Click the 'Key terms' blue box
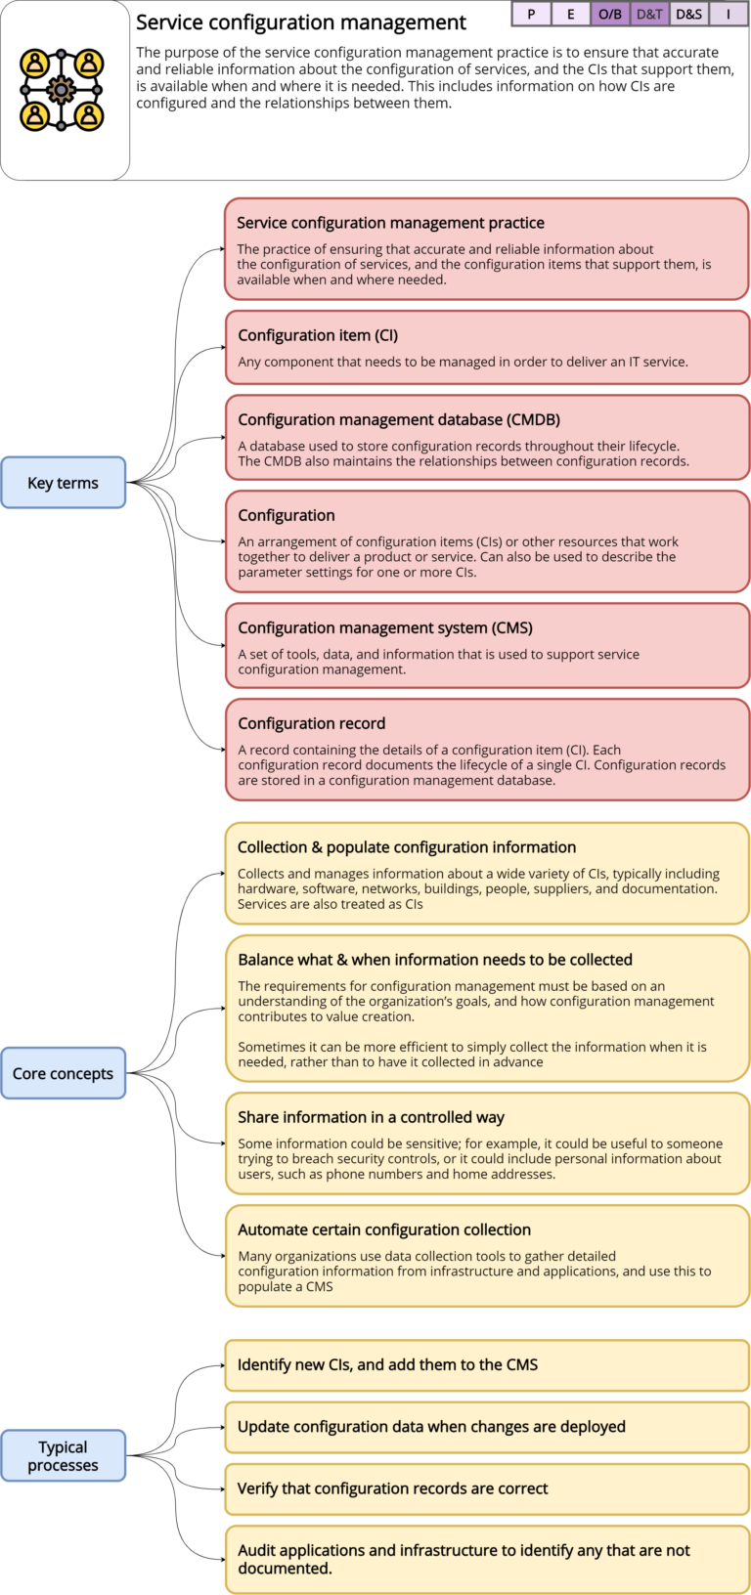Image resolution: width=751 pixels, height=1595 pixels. [64, 483]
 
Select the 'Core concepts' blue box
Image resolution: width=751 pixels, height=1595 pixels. [64, 1073]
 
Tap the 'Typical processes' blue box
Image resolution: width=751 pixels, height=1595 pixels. [64, 1455]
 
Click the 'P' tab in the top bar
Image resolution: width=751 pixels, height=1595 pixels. [531, 14]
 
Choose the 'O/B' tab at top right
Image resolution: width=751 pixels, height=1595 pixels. [610, 14]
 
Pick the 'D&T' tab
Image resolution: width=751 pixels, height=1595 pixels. [649, 14]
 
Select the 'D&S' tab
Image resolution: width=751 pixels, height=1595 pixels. [688, 14]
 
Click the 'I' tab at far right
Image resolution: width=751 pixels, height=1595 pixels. [729, 14]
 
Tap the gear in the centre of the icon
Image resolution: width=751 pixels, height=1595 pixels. [62, 90]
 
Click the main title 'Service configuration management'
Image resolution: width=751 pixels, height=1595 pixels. [301, 22]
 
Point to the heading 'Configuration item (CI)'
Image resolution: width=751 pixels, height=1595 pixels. [318, 335]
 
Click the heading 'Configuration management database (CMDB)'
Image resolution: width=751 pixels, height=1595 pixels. [399, 419]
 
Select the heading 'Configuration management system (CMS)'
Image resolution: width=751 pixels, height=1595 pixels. [385, 627]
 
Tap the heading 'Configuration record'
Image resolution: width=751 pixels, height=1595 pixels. [312, 723]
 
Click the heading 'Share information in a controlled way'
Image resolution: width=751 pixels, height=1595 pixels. [372, 1117]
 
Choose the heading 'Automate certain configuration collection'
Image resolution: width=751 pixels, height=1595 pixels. [384, 1229]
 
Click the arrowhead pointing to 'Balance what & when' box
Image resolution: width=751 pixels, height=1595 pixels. [221, 1009]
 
